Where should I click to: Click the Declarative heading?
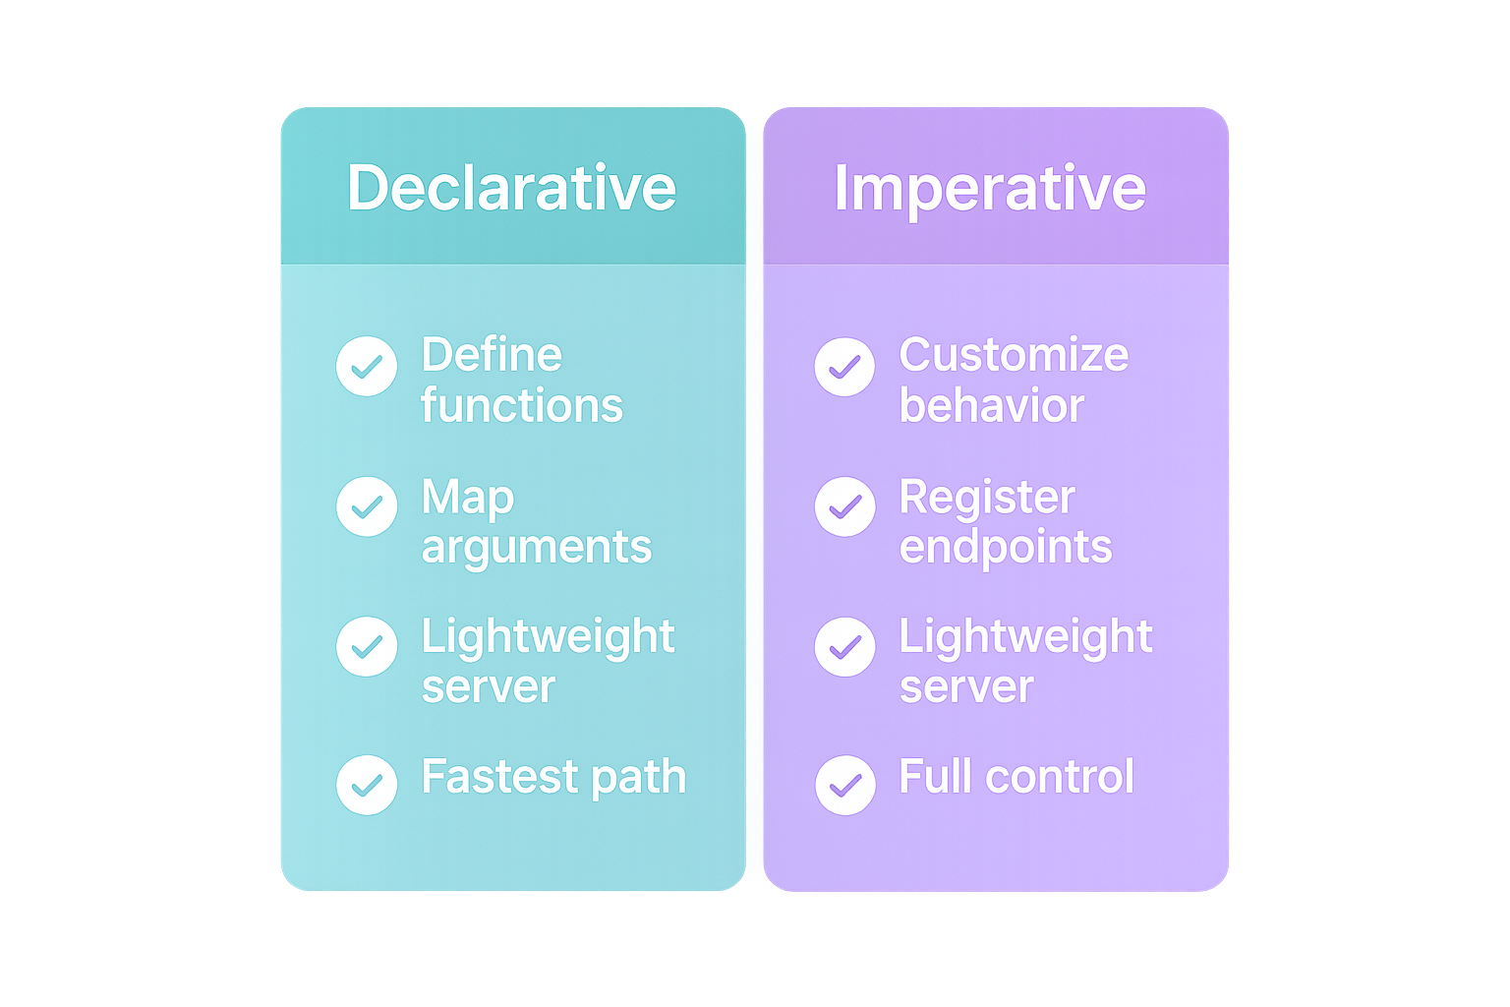[x=511, y=187]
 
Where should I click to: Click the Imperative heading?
[x=990, y=187]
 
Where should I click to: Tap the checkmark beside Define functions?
[x=367, y=367]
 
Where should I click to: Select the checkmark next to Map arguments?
[x=367, y=506]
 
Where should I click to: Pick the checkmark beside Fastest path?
[x=367, y=785]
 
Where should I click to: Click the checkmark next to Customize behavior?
[x=844, y=367]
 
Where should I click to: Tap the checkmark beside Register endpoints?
[x=844, y=506]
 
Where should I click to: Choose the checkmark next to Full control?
[x=844, y=785]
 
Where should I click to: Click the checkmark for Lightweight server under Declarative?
[x=367, y=646]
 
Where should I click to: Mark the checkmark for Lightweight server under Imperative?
[x=844, y=646]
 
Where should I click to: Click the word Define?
[x=492, y=355]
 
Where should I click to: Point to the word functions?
[x=522, y=405]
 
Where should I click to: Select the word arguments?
[x=536, y=548]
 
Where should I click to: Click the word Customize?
[x=1014, y=355]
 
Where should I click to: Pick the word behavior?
[x=991, y=405]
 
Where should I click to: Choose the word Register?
[x=987, y=498]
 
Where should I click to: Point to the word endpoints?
[x=1006, y=547]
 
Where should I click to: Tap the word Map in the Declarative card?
[x=467, y=498]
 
